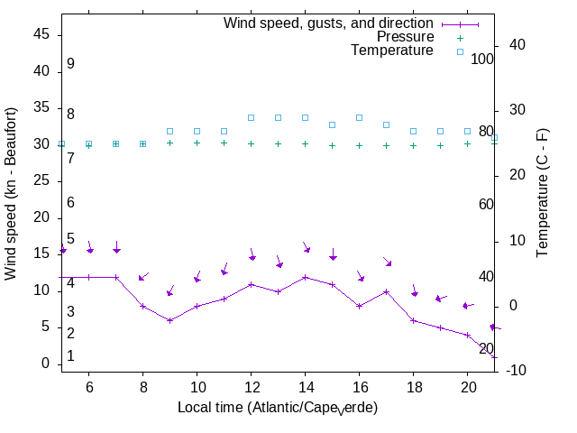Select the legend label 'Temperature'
point(392,51)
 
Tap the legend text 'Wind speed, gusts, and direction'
point(329,23)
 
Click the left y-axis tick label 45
point(41,33)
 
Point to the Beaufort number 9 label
point(70,64)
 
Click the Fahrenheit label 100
point(482,59)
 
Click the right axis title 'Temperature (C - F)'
point(545,191)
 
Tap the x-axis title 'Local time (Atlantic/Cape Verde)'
point(278,408)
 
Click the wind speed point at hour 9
point(169,320)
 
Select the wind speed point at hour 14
point(305,277)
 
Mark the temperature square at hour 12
point(251,117)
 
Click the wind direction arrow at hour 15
point(333,253)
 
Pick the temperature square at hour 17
point(386,124)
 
